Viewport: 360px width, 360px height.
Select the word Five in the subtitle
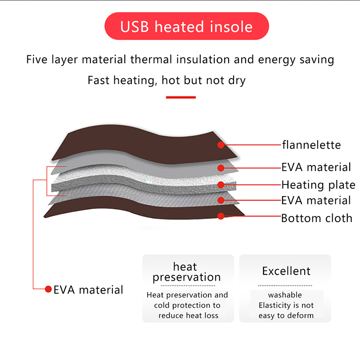tap(36, 60)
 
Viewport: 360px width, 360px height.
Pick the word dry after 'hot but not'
tap(237, 81)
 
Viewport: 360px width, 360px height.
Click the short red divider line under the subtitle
tap(180, 97)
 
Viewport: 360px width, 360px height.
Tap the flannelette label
tap(311, 145)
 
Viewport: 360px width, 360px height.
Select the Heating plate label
tap(318, 184)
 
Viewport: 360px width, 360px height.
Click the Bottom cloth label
tap(317, 218)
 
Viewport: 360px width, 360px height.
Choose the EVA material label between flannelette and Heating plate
tap(316, 167)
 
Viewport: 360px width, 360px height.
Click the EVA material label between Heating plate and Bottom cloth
tap(316, 200)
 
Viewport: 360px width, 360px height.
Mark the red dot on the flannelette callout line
tap(220, 145)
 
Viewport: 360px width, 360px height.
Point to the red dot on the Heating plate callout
tap(220, 184)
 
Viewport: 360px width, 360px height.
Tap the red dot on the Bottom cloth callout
tap(220, 216)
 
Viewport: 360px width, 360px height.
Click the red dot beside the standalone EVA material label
tap(48, 289)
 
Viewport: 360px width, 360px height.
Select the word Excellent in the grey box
tap(286, 271)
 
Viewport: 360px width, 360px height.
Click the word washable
tap(285, 295)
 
